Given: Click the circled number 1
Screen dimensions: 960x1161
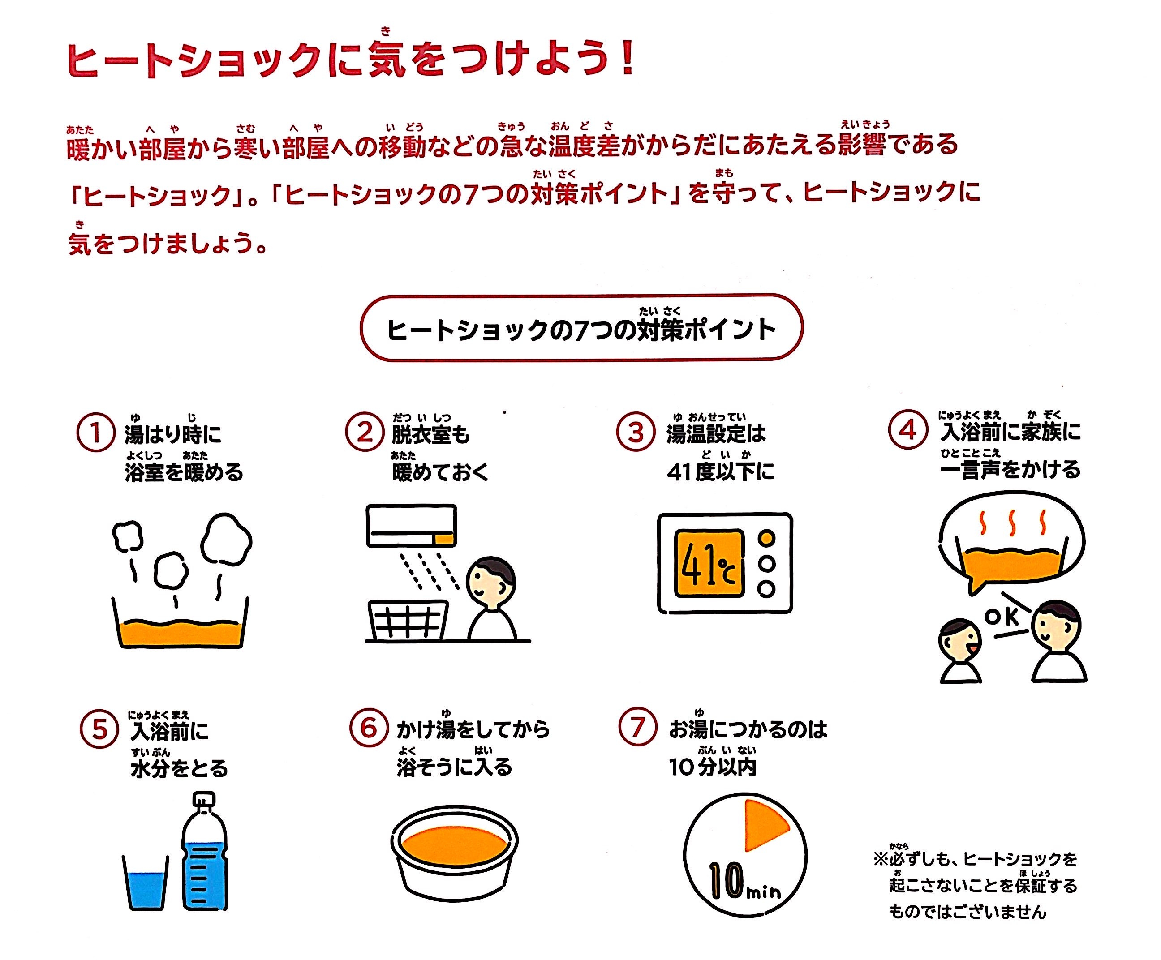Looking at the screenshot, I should tap(96, 433).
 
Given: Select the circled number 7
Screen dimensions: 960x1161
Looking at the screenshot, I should tap(638, 727).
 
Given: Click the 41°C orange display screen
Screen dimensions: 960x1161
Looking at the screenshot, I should tap(709, 563).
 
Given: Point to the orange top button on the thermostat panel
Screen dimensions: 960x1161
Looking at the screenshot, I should tap(766, 537).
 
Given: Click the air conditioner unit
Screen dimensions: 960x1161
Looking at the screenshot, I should tap(411, 525).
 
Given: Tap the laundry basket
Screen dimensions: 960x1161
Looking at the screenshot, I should tap(408, 620).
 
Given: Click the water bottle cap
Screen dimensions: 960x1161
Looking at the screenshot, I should tap(203, 799).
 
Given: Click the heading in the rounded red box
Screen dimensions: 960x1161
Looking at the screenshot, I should tap(581, 330).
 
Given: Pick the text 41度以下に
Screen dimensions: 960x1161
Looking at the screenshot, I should tap(720, 471).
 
